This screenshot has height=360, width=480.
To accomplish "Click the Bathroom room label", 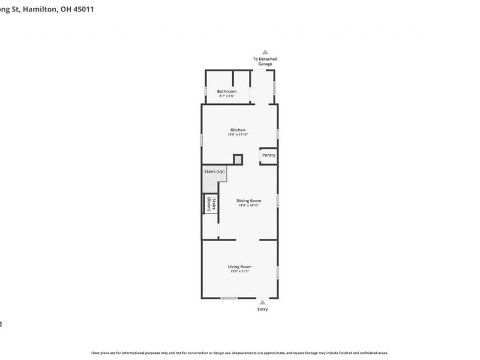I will [227, 91].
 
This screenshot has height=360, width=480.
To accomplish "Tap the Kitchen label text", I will [238, 130].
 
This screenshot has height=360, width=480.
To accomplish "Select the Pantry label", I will [268, 155].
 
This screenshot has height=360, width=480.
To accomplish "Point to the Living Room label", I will [239, 266].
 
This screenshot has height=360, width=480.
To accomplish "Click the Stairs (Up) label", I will [214, 172].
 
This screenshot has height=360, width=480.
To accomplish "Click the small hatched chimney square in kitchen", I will [238, 160].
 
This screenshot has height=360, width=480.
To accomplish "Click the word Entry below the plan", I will [263, 310].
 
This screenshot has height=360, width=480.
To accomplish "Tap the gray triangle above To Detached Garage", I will [265, 52].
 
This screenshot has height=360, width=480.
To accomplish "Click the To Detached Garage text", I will [265, 61].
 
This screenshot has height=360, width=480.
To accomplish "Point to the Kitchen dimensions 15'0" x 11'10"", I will [238, 135].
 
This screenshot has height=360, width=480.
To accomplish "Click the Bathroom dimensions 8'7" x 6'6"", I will [227, 96].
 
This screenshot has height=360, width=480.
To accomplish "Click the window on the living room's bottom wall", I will [229, 298].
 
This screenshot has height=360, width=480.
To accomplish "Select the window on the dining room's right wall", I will [277, 200].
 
